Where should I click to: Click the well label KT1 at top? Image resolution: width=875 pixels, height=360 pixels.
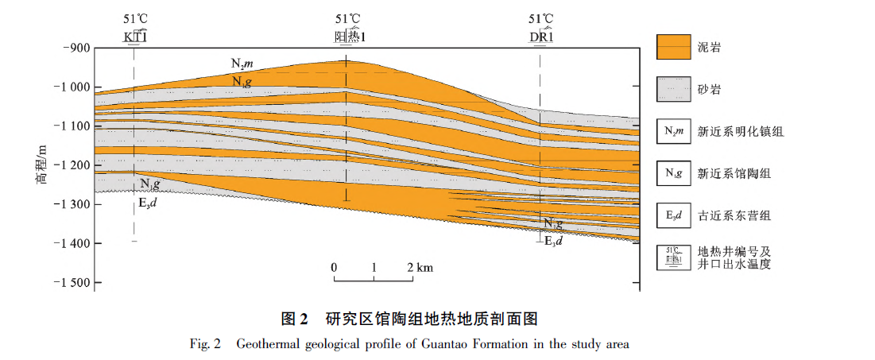click(134, 37)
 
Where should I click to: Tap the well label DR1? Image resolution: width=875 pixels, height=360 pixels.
click(541, 37)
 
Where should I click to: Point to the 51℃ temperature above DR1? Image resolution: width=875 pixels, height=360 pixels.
click(541, 19)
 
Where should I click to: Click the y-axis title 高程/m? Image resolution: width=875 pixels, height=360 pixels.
click(41, 165)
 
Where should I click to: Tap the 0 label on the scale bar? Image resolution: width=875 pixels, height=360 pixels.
click(335, 268)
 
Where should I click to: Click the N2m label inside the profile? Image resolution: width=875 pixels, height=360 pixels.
click(242, 63)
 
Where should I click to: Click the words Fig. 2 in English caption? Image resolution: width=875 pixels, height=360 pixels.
click(205, 344)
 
